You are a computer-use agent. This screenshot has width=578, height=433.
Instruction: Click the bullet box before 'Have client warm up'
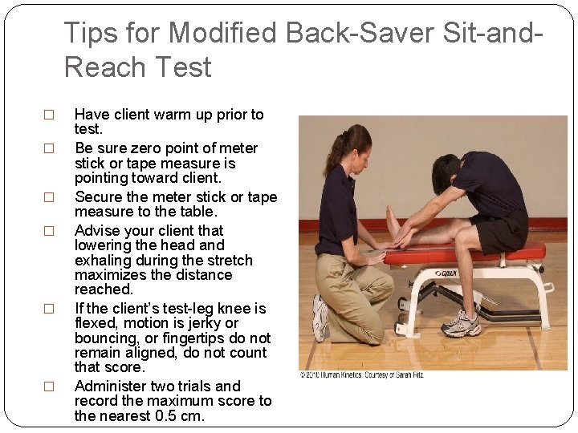click(x=48, y=115)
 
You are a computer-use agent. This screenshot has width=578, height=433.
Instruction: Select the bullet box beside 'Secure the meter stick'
click(x=48, y=197)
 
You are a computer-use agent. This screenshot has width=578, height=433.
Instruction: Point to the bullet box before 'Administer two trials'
click(x=48, y=386)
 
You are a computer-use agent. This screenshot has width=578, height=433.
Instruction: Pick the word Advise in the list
click(x=97, y=230)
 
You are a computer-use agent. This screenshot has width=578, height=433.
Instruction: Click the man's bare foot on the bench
click(x=393, y=220)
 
